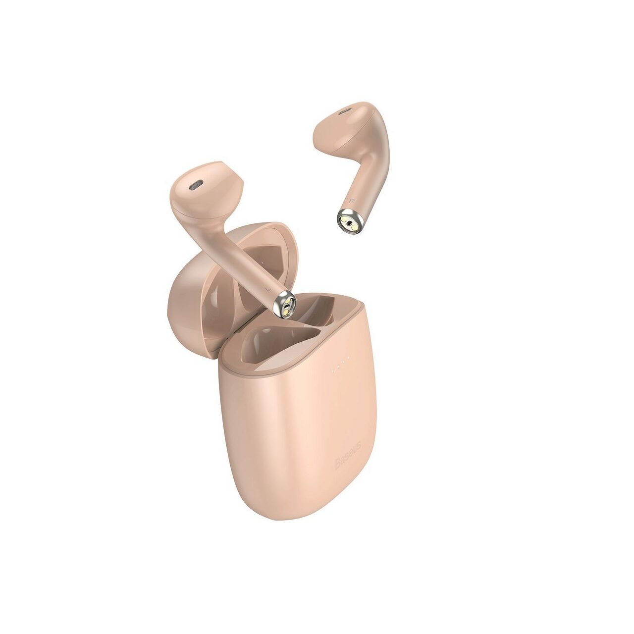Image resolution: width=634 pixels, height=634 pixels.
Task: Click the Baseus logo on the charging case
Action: click(x=348, y=455)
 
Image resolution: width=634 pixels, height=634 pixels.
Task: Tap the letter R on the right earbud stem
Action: click(x=352, y=201)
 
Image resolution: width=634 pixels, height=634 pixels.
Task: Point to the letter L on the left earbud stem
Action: click(x=267, y=287)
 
